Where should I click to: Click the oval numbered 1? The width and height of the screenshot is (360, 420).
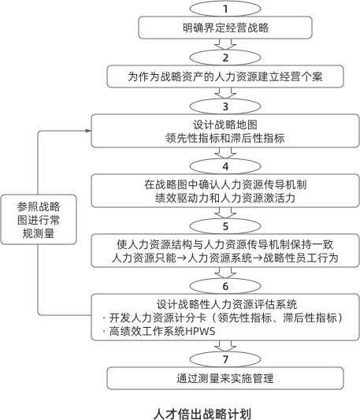tap(225, 9)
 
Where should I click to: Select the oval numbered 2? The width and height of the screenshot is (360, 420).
tap(225, 58)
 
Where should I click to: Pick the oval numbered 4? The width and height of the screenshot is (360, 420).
tap(225, 166)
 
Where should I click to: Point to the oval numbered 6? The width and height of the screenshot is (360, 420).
tap(225, 285)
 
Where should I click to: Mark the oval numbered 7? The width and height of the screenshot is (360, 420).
tap(225, 359)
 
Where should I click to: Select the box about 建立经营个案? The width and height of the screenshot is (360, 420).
tap(225, 77)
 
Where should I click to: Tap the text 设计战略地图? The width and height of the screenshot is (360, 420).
tap(225, 125)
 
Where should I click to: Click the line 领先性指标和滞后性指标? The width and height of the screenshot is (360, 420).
tap(225, 137)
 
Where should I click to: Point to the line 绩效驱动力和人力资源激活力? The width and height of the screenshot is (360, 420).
tap(225, 198)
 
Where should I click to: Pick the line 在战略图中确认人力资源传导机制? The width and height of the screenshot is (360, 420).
tap(225, 184)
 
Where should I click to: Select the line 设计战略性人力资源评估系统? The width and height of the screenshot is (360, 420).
tap(225, 304)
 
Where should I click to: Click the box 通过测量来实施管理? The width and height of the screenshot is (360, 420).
tap(225, 379)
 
